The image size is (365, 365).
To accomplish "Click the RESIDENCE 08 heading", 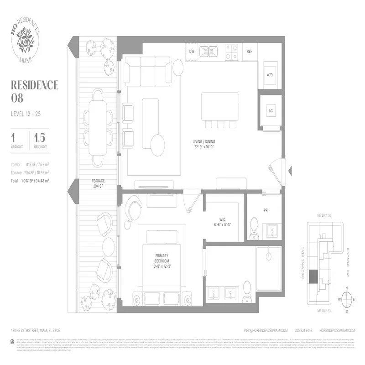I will point(34,91).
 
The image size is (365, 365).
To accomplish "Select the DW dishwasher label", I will point(192,52).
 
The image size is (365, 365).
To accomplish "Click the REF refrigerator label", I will point(250,52).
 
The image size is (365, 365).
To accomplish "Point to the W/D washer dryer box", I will point(269,75).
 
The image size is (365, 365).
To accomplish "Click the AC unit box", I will point(270,111).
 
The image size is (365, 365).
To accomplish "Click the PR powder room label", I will point(265,210).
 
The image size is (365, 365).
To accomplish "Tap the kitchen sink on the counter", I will point(209,51).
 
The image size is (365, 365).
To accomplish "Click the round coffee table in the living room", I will point(159,141).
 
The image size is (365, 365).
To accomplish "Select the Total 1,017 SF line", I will point(30,181).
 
